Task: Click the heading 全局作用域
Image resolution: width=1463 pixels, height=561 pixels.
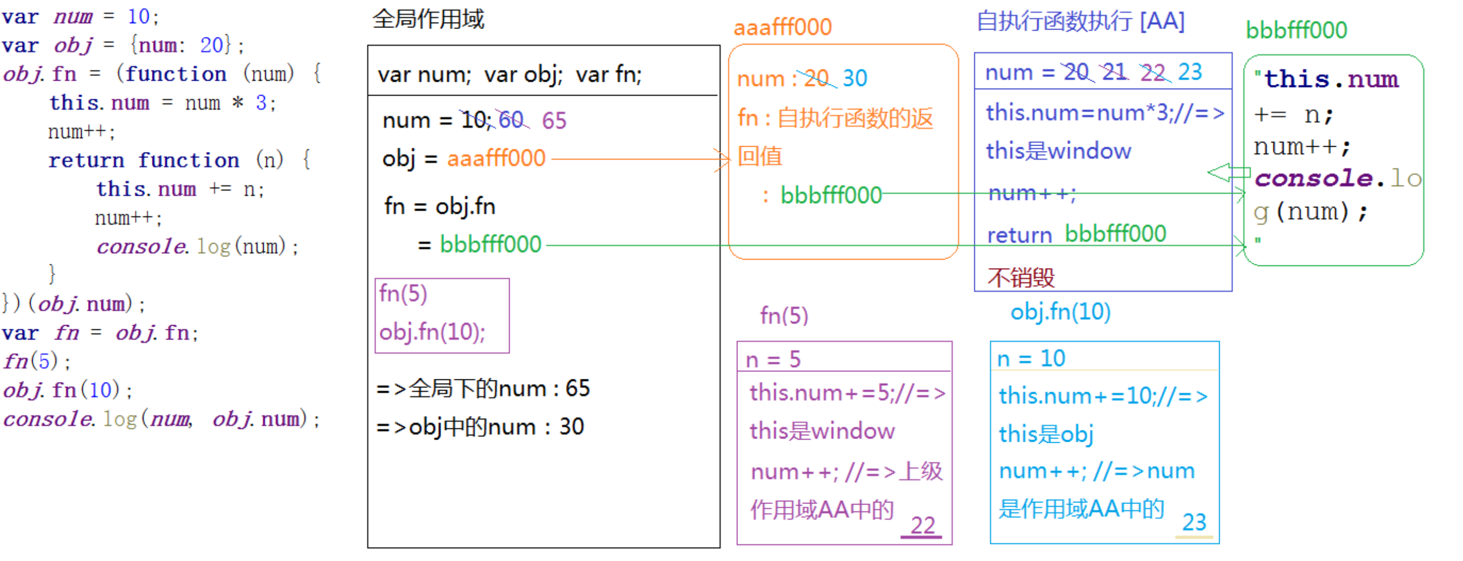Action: point(428,19)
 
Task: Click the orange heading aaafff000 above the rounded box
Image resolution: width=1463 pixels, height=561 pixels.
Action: point(783,27)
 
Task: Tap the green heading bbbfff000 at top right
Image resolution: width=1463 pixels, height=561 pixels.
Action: point(1296,30)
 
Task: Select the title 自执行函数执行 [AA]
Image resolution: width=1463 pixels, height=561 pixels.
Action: point(1080,21)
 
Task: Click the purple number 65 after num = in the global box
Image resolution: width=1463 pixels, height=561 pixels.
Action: point(554,120)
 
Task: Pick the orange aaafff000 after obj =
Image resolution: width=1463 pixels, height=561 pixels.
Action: point(496,158)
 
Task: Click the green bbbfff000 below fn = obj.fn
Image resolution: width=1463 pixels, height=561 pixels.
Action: point(491,244)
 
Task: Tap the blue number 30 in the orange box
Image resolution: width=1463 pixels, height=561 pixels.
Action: point(854,78)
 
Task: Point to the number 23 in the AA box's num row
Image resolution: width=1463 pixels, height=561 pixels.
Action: point(1190,72)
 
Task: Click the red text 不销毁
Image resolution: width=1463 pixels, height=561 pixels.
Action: point(1020,277)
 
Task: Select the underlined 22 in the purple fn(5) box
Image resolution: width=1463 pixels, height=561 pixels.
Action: point(922,525)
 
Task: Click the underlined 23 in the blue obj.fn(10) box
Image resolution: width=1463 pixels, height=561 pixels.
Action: point(1194,522)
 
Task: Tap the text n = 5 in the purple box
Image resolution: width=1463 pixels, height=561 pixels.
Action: point(773,359)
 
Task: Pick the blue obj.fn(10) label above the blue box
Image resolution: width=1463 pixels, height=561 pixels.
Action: point(1060,312)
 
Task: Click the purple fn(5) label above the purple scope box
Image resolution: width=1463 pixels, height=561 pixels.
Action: point(784,315)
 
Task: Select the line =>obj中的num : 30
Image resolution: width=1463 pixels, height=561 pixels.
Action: point(480,426)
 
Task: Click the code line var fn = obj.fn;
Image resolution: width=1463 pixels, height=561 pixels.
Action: point(100,333)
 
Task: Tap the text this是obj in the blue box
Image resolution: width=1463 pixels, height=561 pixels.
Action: point(1046,434)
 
